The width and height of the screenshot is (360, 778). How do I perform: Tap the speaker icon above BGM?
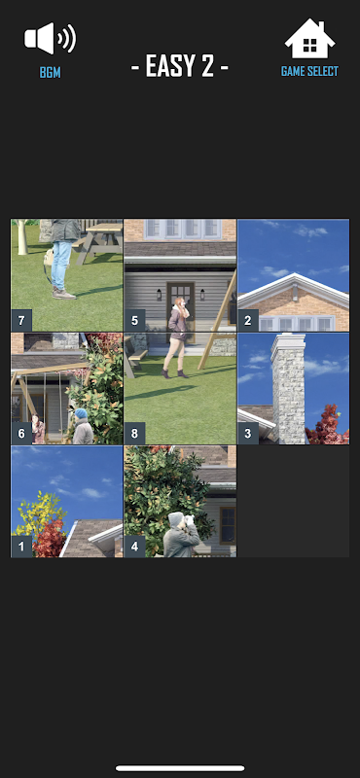[51, 38]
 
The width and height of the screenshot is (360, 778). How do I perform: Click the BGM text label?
[51, 72]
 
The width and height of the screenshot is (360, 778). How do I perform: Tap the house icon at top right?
[309, 39]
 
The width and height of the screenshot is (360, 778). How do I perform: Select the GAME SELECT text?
[309, 71]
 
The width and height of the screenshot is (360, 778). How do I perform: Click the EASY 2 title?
[180, 66]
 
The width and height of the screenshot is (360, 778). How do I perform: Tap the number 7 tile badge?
[21, 321]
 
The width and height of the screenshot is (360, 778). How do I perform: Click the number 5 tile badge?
[134, 321]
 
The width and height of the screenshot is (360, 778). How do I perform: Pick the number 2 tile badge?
[248, 321]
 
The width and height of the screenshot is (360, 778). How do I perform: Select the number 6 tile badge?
[21, 434]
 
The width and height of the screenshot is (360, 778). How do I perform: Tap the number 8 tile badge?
[134, 434]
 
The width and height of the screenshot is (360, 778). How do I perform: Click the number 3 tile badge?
[248, 434]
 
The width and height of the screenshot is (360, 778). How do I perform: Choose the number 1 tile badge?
[21, 547]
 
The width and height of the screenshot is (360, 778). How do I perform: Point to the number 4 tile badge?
[134, 547]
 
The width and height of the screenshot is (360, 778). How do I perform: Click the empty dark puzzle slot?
[294, 502]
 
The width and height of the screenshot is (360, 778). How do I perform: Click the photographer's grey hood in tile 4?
[175, 520]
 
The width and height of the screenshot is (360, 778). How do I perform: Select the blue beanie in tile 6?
[81, 413]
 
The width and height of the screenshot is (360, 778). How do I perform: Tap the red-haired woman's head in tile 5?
[179, 302]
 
